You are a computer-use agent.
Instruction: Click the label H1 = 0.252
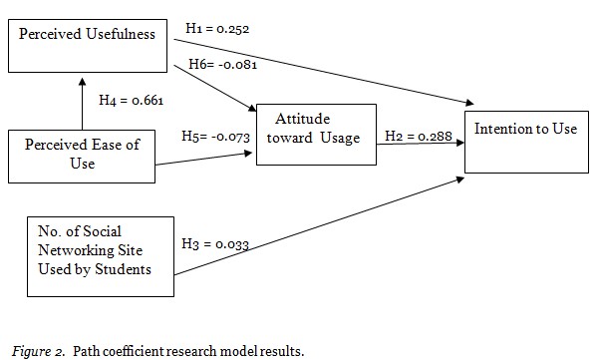[x=216, y=29]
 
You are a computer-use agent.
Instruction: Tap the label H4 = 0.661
[x=132, y=100]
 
